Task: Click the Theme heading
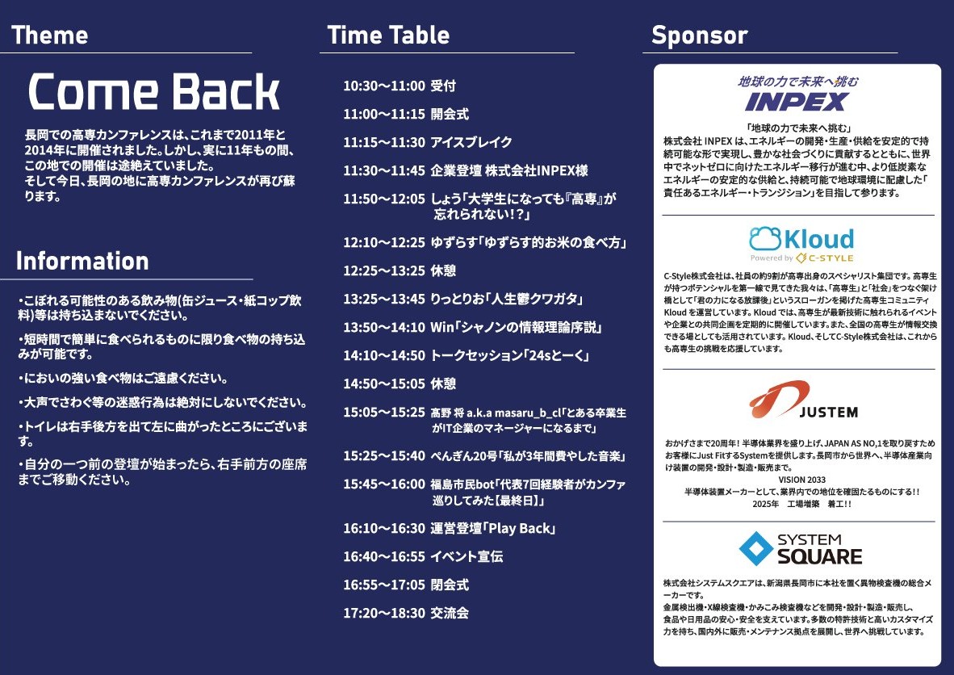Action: pos(50,35)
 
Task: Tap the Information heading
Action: pos(83,261)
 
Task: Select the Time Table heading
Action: pos(389,35)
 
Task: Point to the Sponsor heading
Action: pos(700,36)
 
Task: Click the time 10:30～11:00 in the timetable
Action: pos(384,86)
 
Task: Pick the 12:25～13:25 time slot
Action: pos(384,270)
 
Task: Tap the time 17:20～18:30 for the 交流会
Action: pos(384,613)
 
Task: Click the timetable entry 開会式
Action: pos(450,114)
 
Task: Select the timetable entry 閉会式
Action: pos(450,585)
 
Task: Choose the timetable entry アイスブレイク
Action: pos(471,142)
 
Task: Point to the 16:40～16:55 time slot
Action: pos(384,556)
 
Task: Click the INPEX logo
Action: pos(797,102)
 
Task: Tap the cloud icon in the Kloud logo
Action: pos(765,239)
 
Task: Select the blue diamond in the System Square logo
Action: pos(755,548)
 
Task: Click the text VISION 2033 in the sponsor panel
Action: pos(802,480)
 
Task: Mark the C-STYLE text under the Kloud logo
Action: pos(831,258)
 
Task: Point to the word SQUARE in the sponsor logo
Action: pos(819,556)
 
